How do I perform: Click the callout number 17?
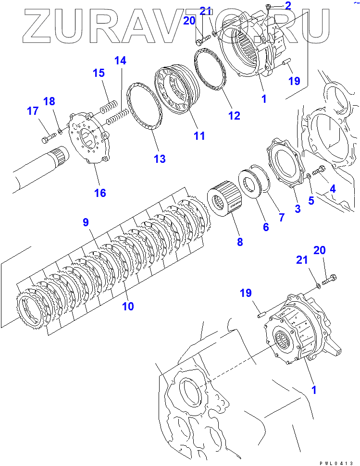click(32, 111)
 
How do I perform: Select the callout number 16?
click(100, 193)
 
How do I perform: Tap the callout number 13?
click(159, 159)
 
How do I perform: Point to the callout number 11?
click(199, 136)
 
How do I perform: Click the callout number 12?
click(234, 116)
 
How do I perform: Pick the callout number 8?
click(240, 242)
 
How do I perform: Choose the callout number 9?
click(86, 222)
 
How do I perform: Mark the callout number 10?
click(127, 306)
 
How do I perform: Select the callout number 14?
click(120, 61)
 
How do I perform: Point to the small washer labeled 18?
click(59, 130)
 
